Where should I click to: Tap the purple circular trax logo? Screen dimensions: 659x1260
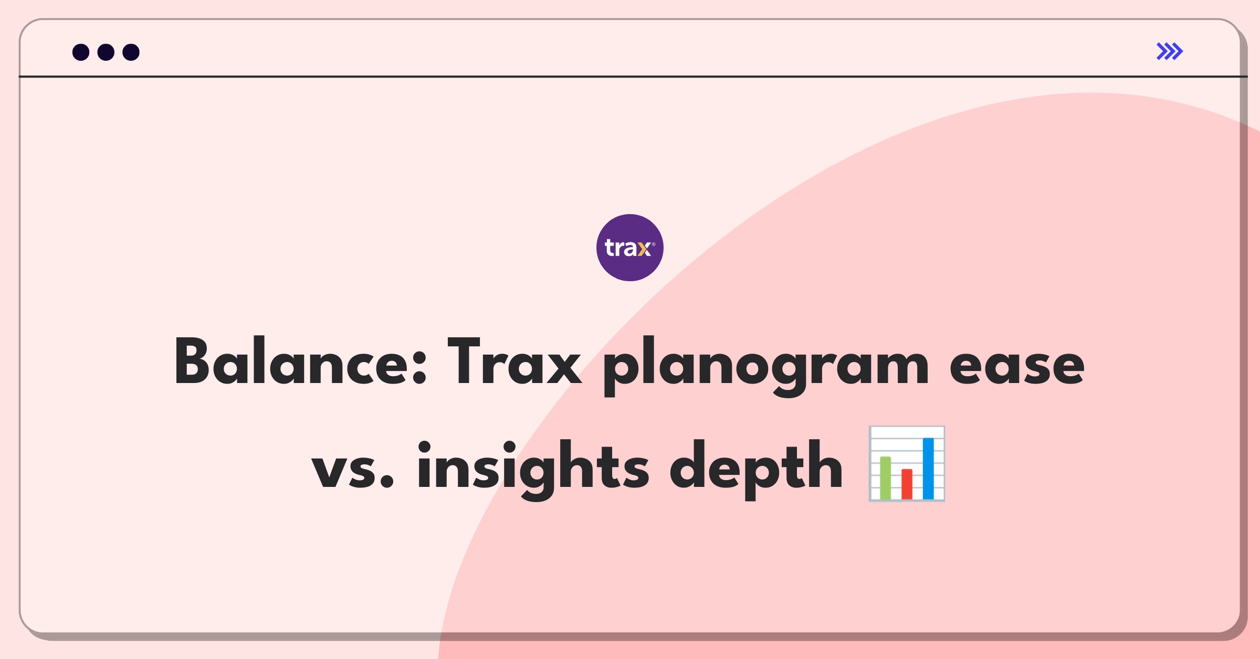point(629,248)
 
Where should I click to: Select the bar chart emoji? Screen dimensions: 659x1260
point(907,464)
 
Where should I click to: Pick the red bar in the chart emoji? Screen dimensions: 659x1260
point(907,484)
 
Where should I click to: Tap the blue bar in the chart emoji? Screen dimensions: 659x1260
point(928,468)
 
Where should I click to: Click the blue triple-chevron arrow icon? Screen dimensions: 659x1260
point(1170,51)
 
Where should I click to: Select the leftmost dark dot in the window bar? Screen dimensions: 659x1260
point(81,52)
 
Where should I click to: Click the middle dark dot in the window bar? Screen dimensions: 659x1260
point(106,52)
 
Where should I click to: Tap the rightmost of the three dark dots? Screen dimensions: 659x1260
point(131,52)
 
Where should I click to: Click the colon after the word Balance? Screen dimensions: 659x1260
point(419,367)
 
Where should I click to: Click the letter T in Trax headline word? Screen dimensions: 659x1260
point(465,362)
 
